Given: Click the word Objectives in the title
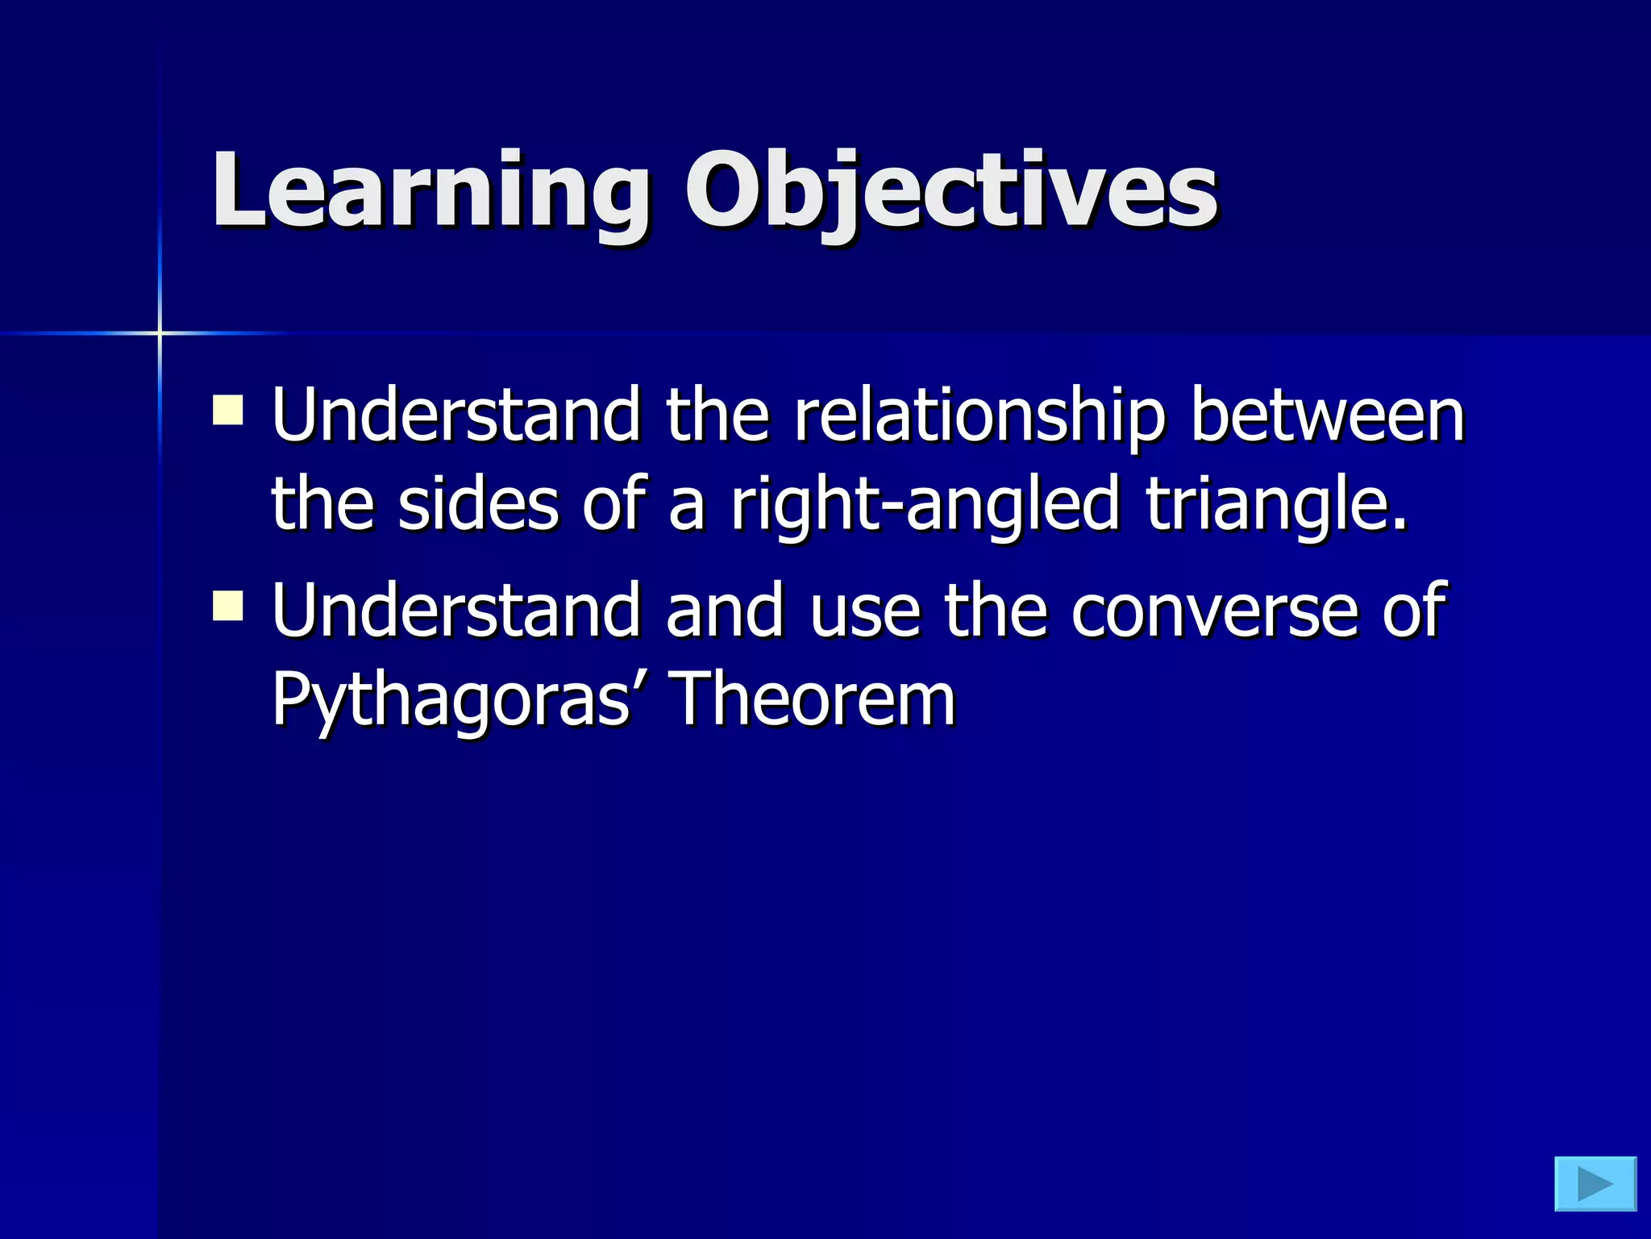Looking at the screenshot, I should point(951,191).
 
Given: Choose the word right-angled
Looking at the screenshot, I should point(925,507).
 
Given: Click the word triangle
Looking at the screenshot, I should point(1276,507).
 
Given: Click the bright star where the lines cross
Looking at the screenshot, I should point(160,332).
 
